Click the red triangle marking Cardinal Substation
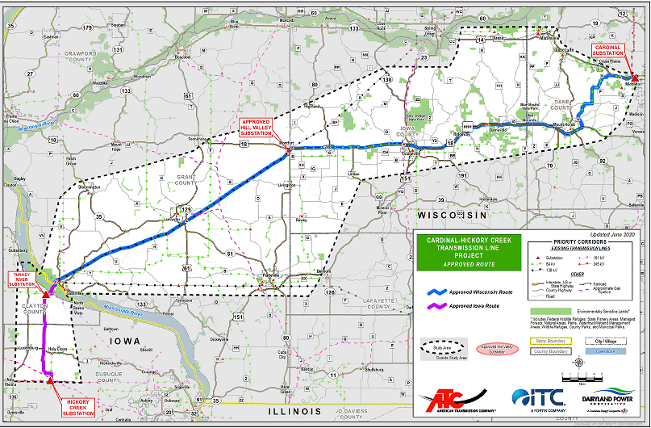pos(635,78)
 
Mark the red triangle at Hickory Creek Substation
pos(50,380)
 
